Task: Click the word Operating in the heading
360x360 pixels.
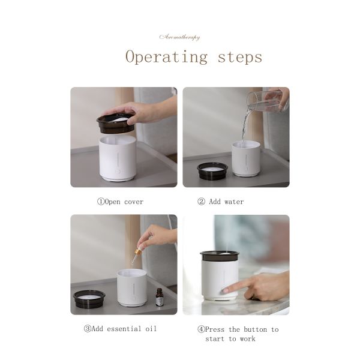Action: [166, 57]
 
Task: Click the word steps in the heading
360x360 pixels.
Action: [240, 57]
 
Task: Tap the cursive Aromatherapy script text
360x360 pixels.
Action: [179, 37]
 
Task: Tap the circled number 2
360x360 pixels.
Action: [202, 202]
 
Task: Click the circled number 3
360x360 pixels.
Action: [88, 329]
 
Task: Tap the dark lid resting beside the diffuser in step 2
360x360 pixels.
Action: [212, 170]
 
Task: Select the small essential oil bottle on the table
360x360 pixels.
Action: [159, 297]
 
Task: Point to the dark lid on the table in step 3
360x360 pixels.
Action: [89, 298]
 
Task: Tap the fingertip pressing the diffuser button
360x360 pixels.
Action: [224, 291]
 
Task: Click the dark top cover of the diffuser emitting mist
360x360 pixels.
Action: [219, 256]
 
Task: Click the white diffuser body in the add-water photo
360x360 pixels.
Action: [246, 158]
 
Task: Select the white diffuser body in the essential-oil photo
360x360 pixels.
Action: [132, 287]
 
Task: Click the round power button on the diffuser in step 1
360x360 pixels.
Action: [118, 172]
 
